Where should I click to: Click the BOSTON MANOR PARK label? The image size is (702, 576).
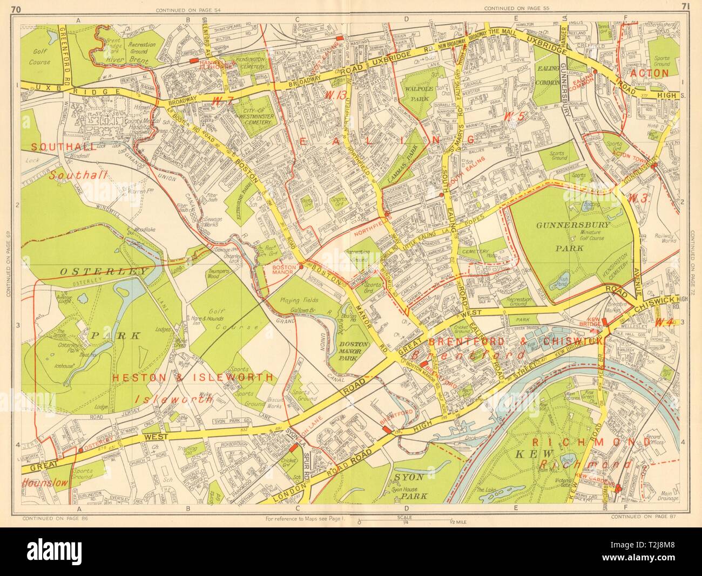pyautogui.click(x=354, y=353)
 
